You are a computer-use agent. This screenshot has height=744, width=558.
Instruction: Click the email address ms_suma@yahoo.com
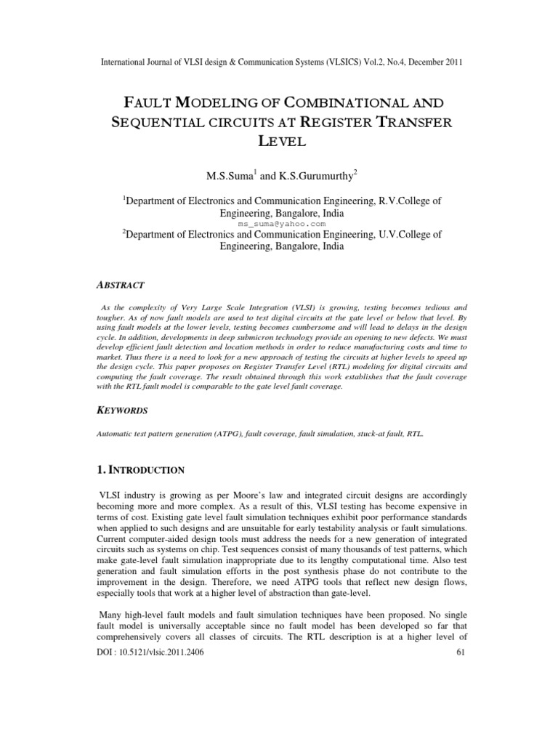279,225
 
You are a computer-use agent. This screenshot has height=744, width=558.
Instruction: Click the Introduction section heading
142,469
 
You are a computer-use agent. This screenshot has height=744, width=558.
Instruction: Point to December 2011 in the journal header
429,62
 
